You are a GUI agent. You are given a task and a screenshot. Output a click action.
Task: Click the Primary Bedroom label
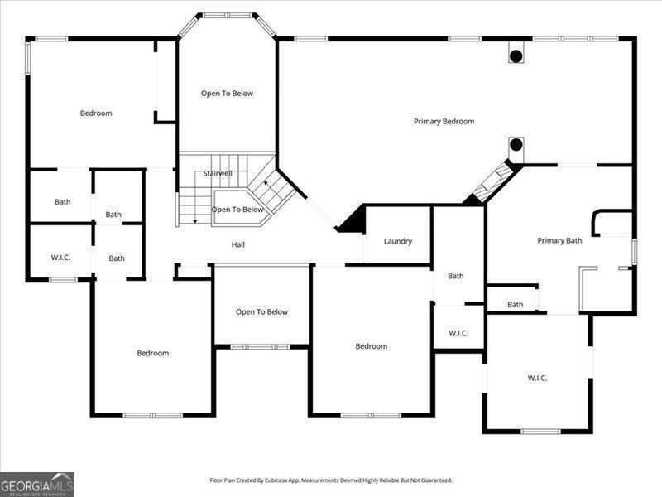point(444,122)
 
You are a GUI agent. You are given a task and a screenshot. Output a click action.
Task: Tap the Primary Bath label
point(559,241)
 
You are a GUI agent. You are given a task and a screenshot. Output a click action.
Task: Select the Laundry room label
point(398,242)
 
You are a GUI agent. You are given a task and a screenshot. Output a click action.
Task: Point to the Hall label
point(237,244)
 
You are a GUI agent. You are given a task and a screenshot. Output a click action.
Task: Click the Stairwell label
point(218,174)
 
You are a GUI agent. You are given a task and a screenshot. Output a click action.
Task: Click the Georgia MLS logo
point(37,484)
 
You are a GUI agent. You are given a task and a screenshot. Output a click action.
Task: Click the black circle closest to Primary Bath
point(516,145)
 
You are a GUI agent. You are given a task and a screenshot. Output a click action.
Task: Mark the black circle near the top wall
point(516,56)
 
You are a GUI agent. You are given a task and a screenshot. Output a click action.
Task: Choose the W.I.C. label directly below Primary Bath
point(537,379)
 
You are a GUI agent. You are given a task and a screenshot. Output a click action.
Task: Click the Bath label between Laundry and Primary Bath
point(456,276)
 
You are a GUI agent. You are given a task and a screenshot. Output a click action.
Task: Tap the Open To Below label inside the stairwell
point(237,210)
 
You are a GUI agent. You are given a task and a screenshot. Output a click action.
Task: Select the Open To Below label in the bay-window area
point(227,94)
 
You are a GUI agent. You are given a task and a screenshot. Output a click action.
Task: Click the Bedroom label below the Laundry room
point(371,346)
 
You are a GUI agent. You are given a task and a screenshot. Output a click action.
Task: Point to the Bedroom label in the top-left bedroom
point(96,113)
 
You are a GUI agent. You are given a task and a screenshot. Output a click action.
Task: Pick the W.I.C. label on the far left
point(60,258)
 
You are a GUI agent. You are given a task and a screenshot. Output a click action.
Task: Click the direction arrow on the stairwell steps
point(194,218)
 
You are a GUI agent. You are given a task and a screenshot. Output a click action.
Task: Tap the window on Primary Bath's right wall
point(634,251)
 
